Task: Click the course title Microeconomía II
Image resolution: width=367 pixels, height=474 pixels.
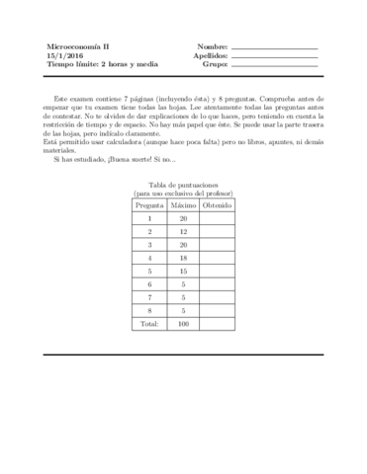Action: (80, 46)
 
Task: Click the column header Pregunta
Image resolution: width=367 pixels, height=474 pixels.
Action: (149, 205)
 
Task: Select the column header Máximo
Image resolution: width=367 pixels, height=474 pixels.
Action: (183, 205)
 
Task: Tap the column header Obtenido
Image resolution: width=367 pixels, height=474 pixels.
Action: (217, 205)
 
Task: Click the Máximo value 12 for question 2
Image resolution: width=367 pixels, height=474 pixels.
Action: (183, 231)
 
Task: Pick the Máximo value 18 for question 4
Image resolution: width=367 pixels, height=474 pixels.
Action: (183, 257)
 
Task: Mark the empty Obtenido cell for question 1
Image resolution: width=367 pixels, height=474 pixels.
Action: (217, 218)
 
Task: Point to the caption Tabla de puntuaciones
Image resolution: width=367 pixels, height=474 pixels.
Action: (183, 185)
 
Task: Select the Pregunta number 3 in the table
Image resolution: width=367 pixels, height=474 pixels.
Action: (149, 244)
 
